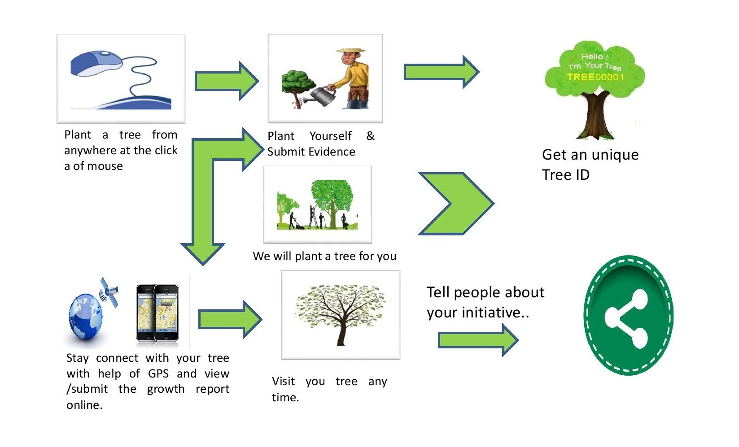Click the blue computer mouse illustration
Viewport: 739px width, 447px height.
[96, 64]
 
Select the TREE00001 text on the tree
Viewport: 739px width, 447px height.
[595, 77]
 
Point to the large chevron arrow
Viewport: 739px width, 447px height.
[455, 204]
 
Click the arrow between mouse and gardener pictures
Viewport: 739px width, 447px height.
[227, 81]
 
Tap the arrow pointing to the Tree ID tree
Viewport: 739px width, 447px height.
[442, 72]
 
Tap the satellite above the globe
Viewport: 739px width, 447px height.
[109, 291]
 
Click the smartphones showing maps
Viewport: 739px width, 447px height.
[157, 312]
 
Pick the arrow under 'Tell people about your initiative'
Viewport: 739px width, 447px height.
[478, 340]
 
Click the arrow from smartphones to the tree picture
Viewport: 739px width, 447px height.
[230, 319]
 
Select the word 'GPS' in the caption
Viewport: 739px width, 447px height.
[158, 373]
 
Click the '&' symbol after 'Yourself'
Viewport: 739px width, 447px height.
[370, 136]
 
